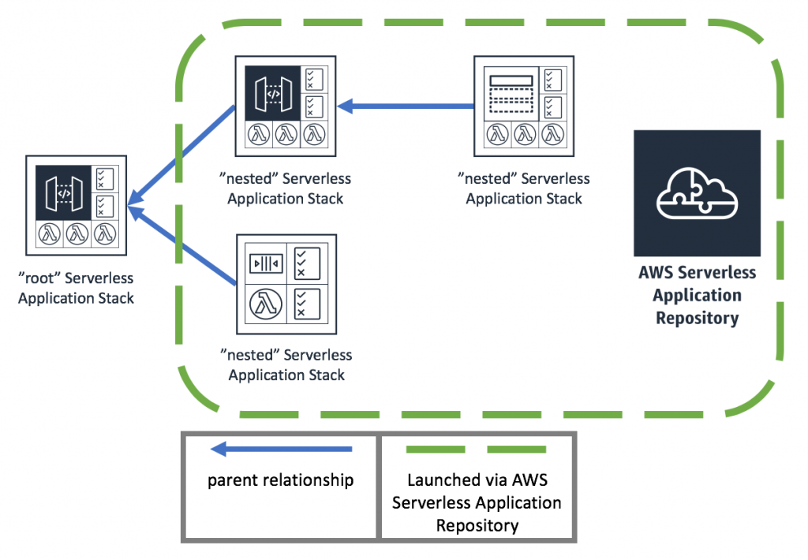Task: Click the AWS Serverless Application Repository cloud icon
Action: (697, 193)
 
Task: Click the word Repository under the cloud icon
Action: (697, 319)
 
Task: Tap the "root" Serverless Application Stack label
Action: (76, 288)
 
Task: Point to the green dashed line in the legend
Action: (476, 450)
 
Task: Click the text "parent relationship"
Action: (280, 480)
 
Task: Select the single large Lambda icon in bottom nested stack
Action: (266, 304)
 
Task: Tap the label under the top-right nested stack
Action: (524, 189)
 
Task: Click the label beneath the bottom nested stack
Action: (286, 365)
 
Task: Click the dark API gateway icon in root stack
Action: (64, 194)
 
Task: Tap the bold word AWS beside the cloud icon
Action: (654, 274)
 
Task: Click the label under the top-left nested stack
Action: (286, 189)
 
